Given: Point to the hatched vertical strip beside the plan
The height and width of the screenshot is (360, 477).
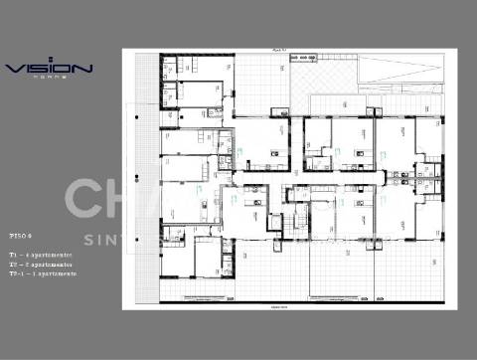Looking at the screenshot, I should click(x=149, y=179).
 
